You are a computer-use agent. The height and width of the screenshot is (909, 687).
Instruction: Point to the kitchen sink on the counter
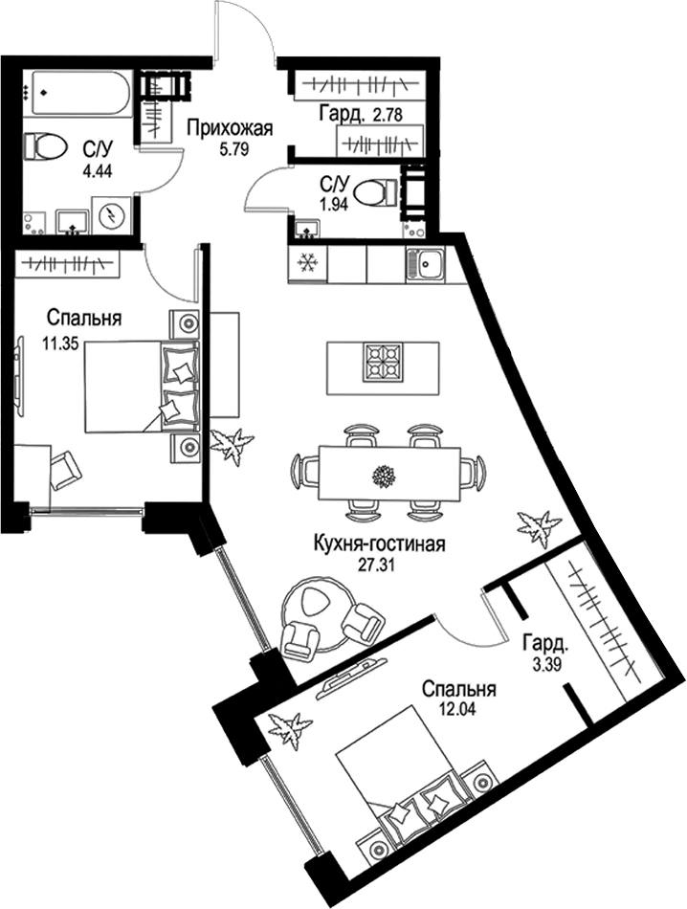(426, 264)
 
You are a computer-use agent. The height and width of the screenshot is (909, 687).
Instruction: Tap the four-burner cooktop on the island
(382, 363)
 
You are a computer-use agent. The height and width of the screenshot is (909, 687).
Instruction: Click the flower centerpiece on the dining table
(384, 477)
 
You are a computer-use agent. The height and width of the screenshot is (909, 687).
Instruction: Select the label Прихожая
(229, 128)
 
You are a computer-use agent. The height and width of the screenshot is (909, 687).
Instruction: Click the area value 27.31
(376, 565)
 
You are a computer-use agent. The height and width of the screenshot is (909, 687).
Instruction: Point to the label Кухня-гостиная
(379, 545)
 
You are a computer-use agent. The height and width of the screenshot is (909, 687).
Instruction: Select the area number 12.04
(456, 708)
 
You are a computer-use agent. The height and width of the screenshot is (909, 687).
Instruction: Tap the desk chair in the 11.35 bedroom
(65, 470)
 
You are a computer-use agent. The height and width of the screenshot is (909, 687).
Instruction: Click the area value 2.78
(388, 116)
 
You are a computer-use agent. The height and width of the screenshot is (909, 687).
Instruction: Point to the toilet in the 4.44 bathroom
(44, 146)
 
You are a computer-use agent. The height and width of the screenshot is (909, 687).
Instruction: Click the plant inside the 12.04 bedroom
(288, 729)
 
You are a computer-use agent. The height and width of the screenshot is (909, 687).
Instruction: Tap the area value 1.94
(333, 205)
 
